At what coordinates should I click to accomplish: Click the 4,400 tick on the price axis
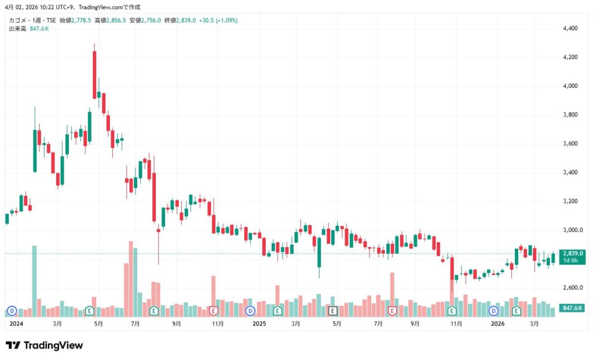pyautogui.click(x=570, y=28)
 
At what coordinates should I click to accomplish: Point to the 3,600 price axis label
pyautogui.click(x=570, y=144)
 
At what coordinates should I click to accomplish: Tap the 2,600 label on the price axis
pyautogui.click(x=570, y=288)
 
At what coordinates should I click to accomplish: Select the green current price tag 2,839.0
pyautogui.click(x=572, y=254)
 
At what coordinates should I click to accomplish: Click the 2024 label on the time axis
pyautogui.click(x=16, y=325)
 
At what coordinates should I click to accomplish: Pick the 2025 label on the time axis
pyautogui.click(x=259, y=325)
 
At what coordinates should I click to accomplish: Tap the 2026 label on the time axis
pyautogui.click(x=497, y=325)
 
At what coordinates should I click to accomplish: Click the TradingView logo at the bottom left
pyautogui.click(x=44, y=346)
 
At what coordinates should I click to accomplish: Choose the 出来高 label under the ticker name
pyautogui.click(x=17, y=28)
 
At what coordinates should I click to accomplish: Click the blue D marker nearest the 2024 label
pyautogui.click(x=10, y=311)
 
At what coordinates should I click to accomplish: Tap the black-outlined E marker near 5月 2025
pyautogui.click(x=333, y=311)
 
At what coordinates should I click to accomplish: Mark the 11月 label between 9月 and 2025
pyautogui.click(x=218, y=325)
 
